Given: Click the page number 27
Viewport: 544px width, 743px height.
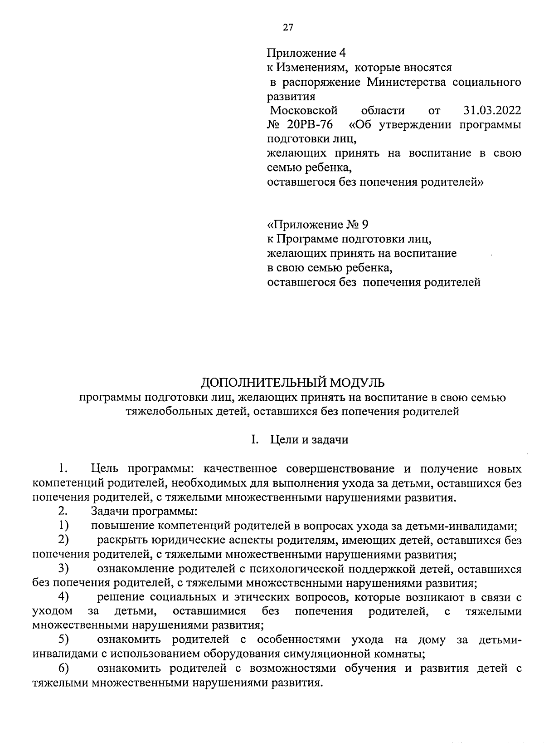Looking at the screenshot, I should (x=288, y=28).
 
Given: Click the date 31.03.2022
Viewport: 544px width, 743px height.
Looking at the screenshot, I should (x=492, y=110).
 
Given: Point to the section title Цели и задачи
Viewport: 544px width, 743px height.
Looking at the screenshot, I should (x=309, y=440).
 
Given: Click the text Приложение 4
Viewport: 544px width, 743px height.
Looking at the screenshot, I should (x=306, y=53).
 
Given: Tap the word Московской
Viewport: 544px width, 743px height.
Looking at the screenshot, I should (x=304, y=110).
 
